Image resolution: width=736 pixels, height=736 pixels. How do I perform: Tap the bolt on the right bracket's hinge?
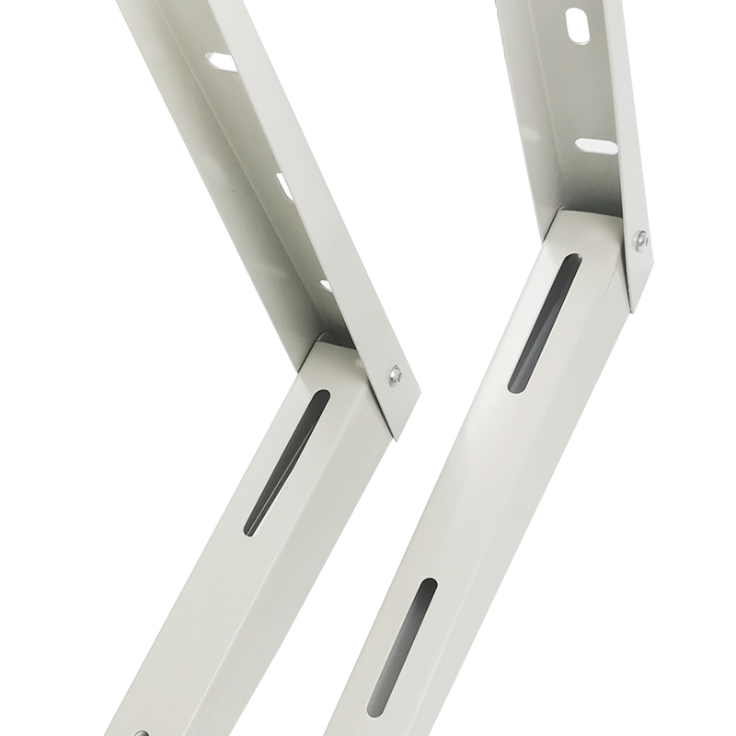[640, 239]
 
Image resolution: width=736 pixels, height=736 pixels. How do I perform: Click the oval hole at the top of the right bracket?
[579, 25]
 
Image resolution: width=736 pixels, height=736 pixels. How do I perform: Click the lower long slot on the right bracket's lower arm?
[398, 650]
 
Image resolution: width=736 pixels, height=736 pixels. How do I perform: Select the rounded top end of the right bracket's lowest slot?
[426, 585]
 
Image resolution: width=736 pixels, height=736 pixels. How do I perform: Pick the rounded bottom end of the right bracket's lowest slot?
[373, 713]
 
